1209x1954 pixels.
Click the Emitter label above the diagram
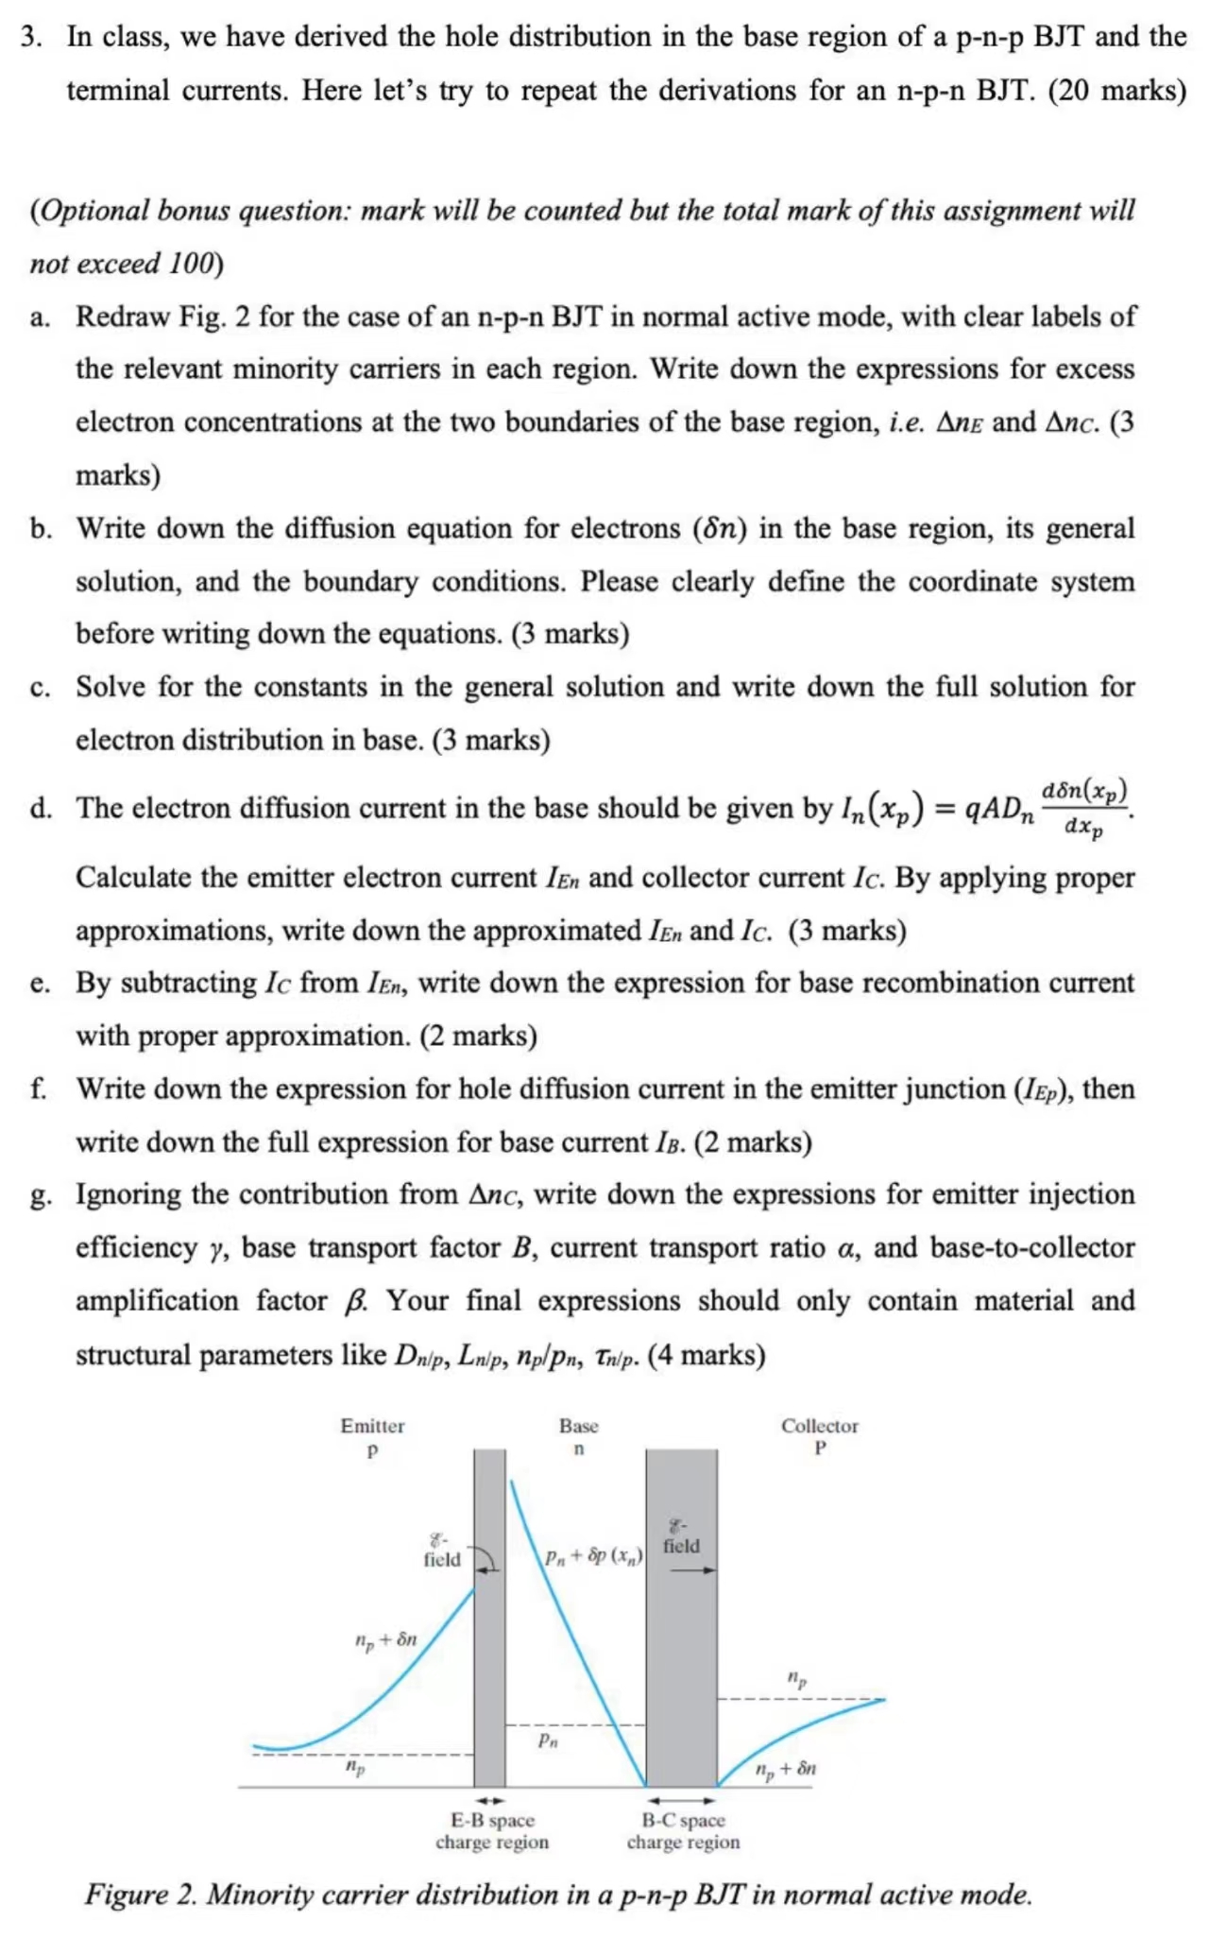(372, 1425)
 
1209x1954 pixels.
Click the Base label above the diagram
(578, 1425)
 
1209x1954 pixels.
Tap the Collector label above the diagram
(819, 1425)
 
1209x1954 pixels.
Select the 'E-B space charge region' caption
(492, 1830)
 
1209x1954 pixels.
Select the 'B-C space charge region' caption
(683, 1830)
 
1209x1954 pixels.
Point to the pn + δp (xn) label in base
(593, 1555)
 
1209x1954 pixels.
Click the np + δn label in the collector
(785, 1768)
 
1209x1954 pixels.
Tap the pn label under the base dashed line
(548, 1740)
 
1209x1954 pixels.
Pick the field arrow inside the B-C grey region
(694, 1570)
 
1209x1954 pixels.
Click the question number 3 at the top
(31, 37)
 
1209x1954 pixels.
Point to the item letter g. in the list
(40, 1196)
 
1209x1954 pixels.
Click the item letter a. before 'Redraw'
(40, 317)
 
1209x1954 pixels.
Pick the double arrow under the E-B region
(489, 1800)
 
